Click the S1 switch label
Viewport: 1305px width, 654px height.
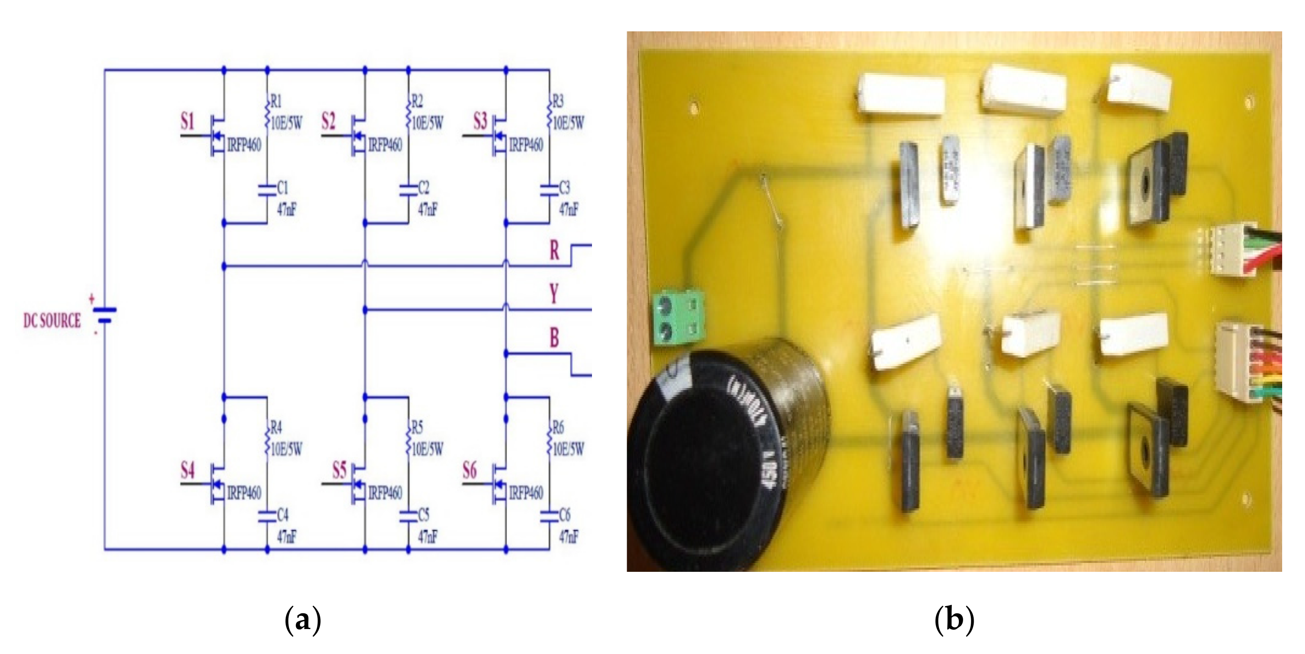187,122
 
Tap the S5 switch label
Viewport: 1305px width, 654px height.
339,471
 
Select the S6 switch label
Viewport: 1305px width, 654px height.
470,471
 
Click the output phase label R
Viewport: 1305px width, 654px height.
555,250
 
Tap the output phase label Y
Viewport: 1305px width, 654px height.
554,294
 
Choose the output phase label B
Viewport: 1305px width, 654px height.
554,338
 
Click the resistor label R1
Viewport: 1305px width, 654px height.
276,101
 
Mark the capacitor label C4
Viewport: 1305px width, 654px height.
283,515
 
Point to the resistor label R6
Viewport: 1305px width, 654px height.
557,428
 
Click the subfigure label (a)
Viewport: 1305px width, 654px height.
303,620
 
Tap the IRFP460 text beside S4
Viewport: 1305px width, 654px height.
244,493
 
